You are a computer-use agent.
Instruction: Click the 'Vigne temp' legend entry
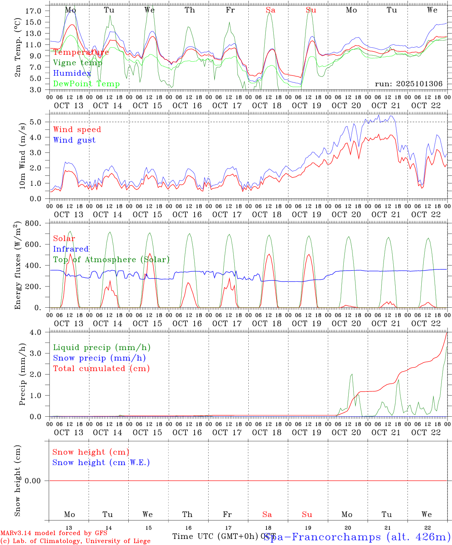[78, 63]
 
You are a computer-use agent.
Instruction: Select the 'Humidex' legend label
[72, 73]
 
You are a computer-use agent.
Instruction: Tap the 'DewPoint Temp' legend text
[86, 84]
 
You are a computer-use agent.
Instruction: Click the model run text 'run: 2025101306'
[408, 84]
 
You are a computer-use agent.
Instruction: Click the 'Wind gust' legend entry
[74, 140]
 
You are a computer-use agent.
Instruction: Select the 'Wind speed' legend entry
[77, 129]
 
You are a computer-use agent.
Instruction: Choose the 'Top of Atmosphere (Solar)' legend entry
[111, 260]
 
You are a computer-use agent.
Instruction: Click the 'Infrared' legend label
[71, 249]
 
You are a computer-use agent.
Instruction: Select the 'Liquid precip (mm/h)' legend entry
[102, 347]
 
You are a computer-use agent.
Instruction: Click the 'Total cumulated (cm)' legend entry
[101, 369]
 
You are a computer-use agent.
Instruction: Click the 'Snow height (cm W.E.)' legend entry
[101, 462]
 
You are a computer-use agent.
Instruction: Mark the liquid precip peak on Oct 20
[352, 374]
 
